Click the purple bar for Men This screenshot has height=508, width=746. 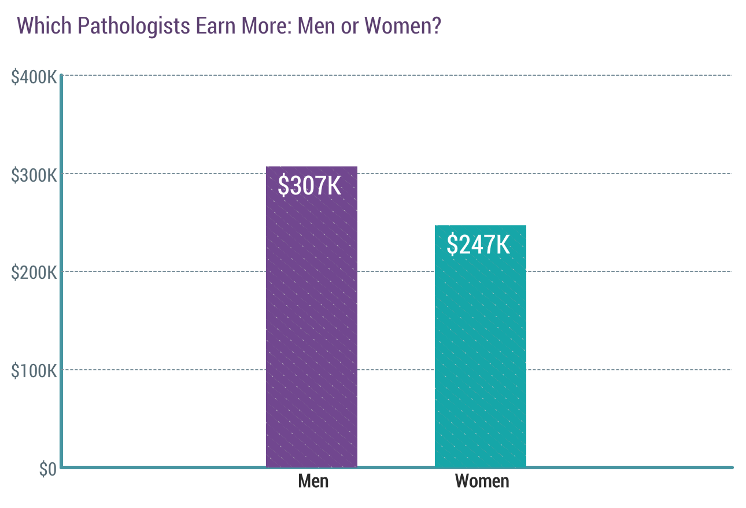point(311,347)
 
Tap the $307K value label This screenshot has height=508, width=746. point(309,186)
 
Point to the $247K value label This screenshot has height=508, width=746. point(478,245)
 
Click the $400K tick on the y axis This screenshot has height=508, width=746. point(34,76)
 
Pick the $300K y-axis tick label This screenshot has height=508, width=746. point(34,174)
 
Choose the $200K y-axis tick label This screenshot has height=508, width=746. point(34,272)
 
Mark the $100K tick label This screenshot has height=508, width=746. point(34,370)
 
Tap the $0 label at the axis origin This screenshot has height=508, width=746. point(47,469)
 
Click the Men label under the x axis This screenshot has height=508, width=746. point(313,481)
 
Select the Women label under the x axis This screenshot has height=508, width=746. point(482,481)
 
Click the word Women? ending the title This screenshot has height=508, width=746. point(402,26)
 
